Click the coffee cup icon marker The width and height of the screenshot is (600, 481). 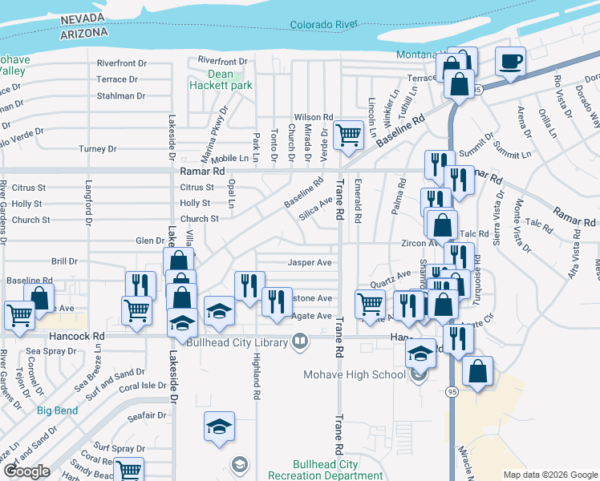pyautogui.click(x=510, y=62)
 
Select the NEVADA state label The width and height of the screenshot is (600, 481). pyautogui.click(x=83, y=19)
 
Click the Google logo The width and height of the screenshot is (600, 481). pyautogui.click(x=26, y=471)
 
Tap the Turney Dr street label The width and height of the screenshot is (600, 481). pyautogui.click(x=98, y=149)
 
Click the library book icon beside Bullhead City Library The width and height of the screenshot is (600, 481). pyautogui.click(x=299, y=342)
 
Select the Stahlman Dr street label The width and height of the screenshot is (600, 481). pyautogui.click(x=121, y=96)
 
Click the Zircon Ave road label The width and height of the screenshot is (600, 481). pyautogui.click(x=418, y=243)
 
